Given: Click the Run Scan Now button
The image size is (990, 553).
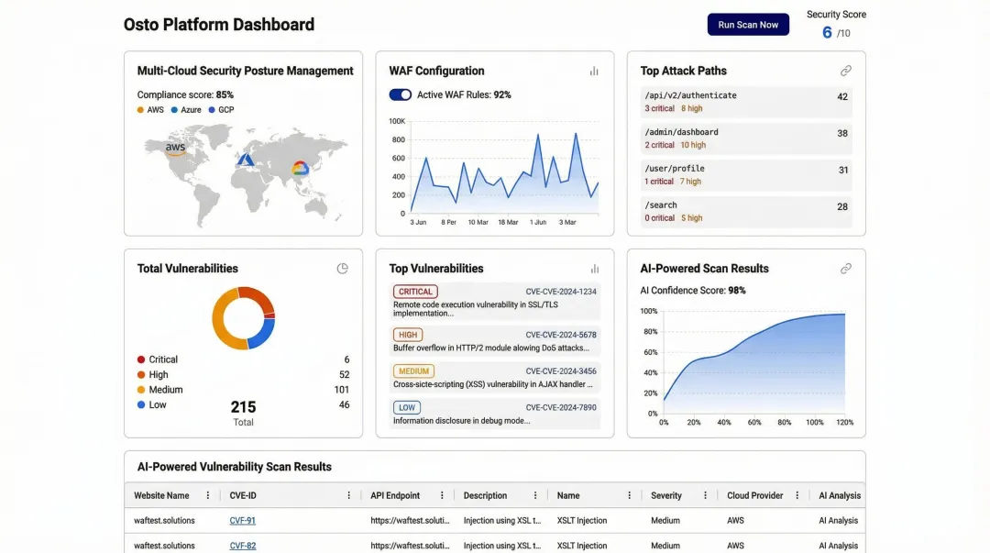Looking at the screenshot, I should (748, 25).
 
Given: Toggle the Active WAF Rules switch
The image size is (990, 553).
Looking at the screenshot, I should (401, 94).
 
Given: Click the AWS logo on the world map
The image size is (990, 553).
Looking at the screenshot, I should (175, 149).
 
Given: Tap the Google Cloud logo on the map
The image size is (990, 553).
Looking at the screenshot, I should (300, 168).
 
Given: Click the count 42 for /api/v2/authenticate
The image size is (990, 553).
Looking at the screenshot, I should (841, 97).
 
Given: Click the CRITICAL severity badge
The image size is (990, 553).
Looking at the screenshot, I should (415, 292).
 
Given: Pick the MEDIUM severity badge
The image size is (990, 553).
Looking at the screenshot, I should (414, 371).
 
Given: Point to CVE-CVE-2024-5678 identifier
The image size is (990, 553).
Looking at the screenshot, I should (561, 336).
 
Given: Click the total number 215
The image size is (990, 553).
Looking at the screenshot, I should (243, 407).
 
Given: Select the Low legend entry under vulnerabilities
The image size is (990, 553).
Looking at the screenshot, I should (158, 404).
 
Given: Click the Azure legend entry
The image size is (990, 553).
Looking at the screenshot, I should (191, 110).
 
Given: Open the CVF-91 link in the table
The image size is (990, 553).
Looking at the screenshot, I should (242, 521).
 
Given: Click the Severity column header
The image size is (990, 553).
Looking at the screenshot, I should (666, 495).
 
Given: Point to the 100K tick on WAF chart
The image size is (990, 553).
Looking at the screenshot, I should (397, 121).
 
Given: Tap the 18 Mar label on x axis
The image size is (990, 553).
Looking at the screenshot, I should (507, 222).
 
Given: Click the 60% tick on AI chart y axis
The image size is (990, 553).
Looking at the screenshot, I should (649, 352).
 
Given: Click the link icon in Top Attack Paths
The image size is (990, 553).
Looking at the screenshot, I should (845, 71).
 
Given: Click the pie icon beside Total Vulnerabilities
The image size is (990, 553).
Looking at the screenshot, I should (343, 269).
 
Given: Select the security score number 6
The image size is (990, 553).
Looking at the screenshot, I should (827, 32).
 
